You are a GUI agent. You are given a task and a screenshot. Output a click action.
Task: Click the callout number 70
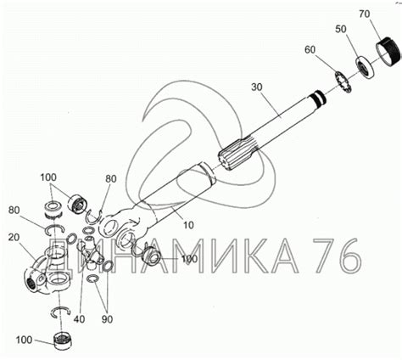click(365, 14)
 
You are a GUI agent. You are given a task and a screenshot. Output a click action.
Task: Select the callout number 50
click(341, 29)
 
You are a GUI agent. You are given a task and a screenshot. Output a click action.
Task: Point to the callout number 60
click(310, 50)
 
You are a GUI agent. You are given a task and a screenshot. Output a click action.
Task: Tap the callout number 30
click(257, 87)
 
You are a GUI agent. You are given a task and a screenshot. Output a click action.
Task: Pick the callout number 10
click(188, 225)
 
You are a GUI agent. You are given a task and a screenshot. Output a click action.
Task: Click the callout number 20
click(14, 237)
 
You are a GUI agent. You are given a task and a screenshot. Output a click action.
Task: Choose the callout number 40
click(79, 319)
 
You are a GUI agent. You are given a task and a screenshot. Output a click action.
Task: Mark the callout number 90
click(107, 319)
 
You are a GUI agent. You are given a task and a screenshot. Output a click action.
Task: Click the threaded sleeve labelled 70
click(388, 52)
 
